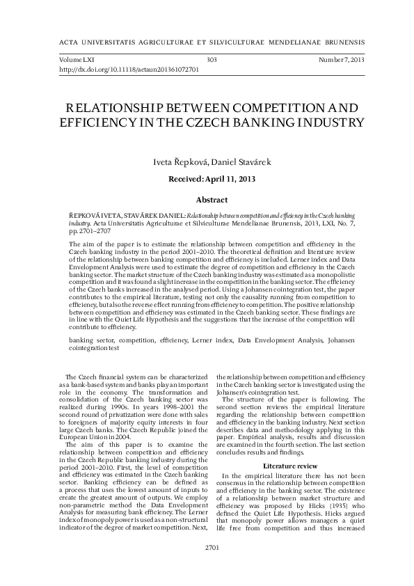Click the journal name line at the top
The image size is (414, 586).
(207, 41)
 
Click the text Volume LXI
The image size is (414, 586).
(77, 61)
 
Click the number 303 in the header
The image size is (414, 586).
(212, 61)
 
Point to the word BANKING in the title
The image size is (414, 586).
(271, 123)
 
